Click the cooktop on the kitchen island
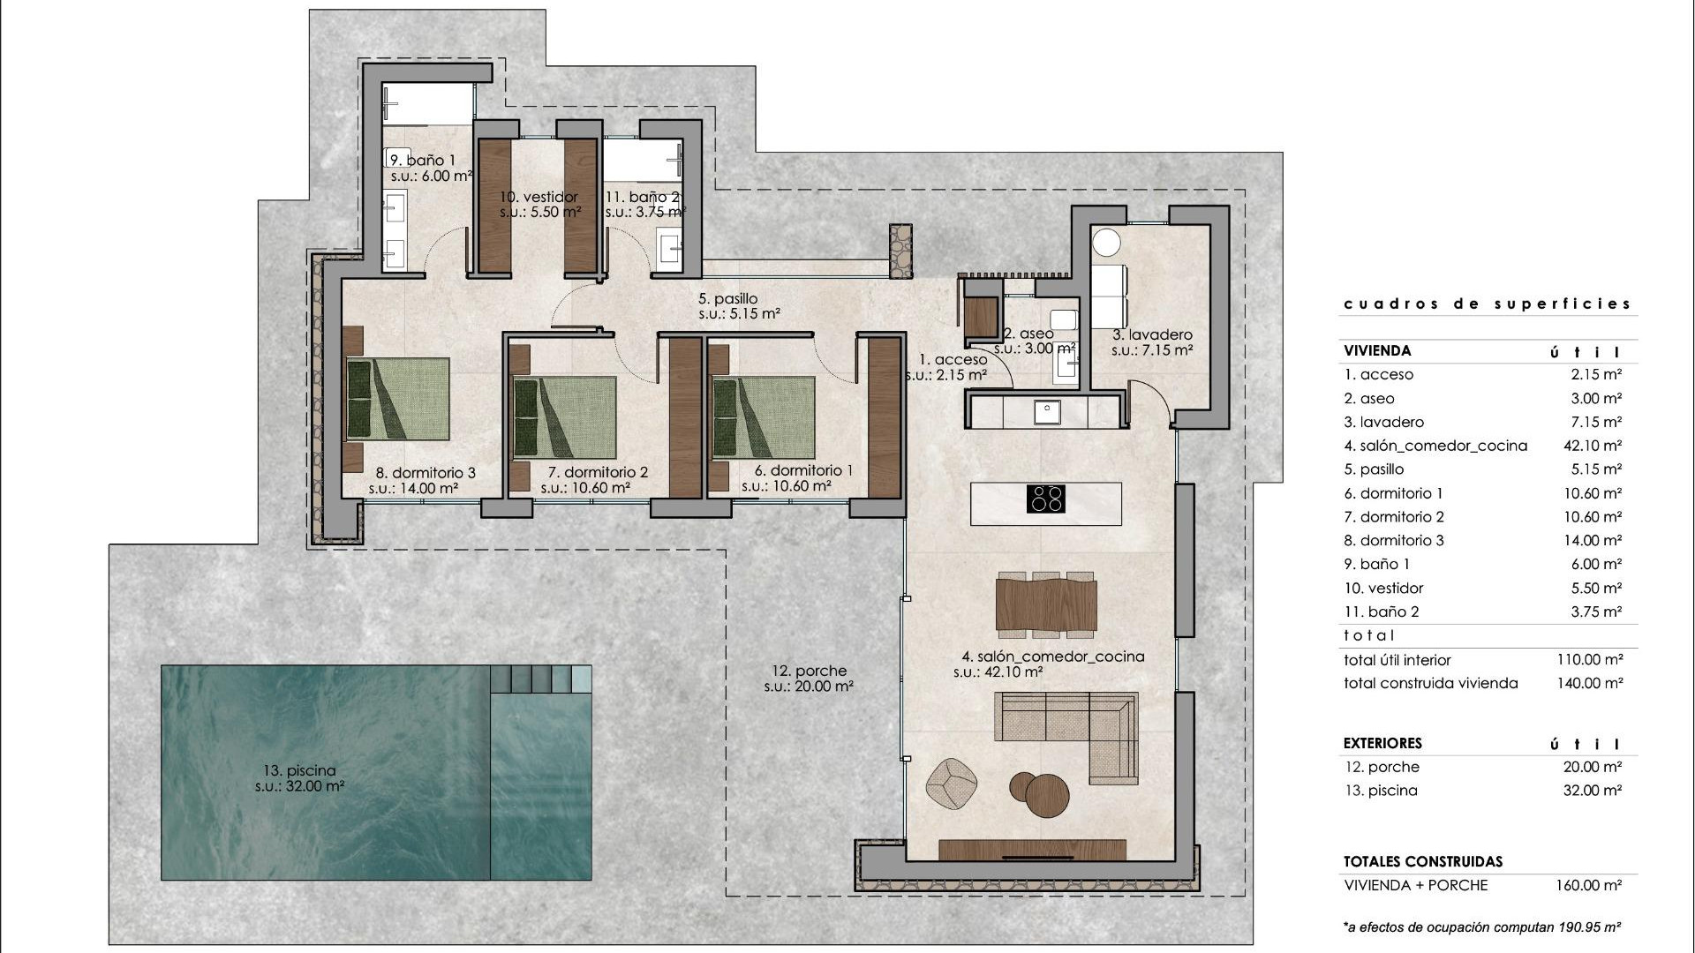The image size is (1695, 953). [x=1045, y=499]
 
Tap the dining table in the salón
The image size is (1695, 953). [x=1046, y=604]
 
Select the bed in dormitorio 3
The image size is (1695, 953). [x=397, y=399]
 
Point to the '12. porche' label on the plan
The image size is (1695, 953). [x=808, y=671]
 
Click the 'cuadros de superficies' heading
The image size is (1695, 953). [x=1487, y=304]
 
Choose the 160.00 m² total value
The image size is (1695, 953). [x=1589, y=885]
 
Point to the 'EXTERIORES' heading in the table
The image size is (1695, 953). [x=1382, y=743]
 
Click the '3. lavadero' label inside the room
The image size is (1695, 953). [x=1152, y=334]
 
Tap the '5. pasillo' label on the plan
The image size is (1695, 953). [x=727, y=299]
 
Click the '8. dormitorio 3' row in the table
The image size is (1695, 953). [x=1394, y=540]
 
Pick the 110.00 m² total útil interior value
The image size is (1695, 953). [x=1589, y=659]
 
